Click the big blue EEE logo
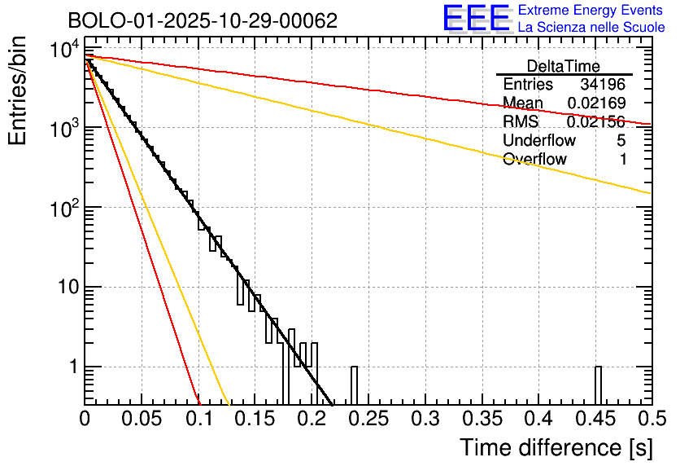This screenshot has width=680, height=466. tap(476, 18)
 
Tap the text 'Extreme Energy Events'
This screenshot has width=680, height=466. tap(591, 11)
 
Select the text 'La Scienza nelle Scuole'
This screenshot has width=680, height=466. tap(591, 28)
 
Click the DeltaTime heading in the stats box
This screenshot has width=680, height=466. tap(564, 66)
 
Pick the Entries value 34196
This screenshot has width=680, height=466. tap(603, 85)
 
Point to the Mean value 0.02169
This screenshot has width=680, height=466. tap(597, 103)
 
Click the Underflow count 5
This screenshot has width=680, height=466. tap(621, 141)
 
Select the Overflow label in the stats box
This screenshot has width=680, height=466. tap(534, 160)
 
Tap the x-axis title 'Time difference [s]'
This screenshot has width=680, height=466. tap(556, 447)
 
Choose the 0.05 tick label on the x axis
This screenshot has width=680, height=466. tap(142, 420)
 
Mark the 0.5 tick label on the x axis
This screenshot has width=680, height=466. tap(650, 420)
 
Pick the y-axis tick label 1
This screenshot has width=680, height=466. tap(72, 367)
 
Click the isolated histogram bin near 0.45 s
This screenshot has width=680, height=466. tap(598, 385)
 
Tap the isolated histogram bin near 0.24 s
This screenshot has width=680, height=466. tap(354, 385)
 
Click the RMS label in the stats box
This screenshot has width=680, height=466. tap(521, 122)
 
